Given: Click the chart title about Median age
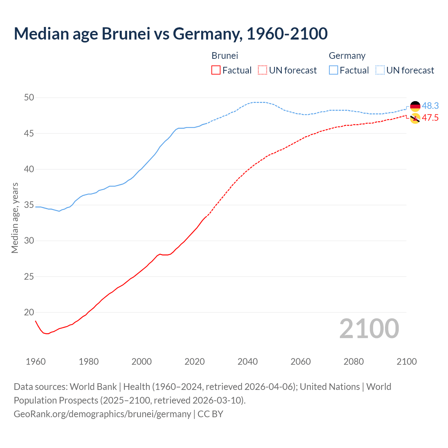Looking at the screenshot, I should [171, 34].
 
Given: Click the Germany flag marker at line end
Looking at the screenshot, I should [415, 106].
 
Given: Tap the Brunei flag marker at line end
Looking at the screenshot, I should [415, 118].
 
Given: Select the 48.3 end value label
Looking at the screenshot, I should [430, 106].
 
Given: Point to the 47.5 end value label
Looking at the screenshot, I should [430, 118].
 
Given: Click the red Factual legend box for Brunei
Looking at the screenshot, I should [216, 70].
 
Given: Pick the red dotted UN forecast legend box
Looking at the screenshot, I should [262, 70].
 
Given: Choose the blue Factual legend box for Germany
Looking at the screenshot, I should [334, 70].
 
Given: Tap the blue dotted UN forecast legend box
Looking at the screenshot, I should [380, 70].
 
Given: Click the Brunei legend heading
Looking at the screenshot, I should [225, 56].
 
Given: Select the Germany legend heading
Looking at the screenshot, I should [347, 56].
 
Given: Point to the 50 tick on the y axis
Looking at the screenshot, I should [29, 98].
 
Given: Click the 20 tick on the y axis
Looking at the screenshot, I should [29, 312].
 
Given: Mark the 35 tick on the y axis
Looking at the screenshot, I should [29, 205].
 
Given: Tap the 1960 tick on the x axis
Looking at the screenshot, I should [36, 362].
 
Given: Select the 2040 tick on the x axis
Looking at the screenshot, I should [247, 362].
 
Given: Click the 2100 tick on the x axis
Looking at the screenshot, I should [406, 362].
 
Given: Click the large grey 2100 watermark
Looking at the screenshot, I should [369, 329].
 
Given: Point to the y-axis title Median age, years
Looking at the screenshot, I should [15, 218].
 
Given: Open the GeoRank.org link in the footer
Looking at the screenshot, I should [102, 414].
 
